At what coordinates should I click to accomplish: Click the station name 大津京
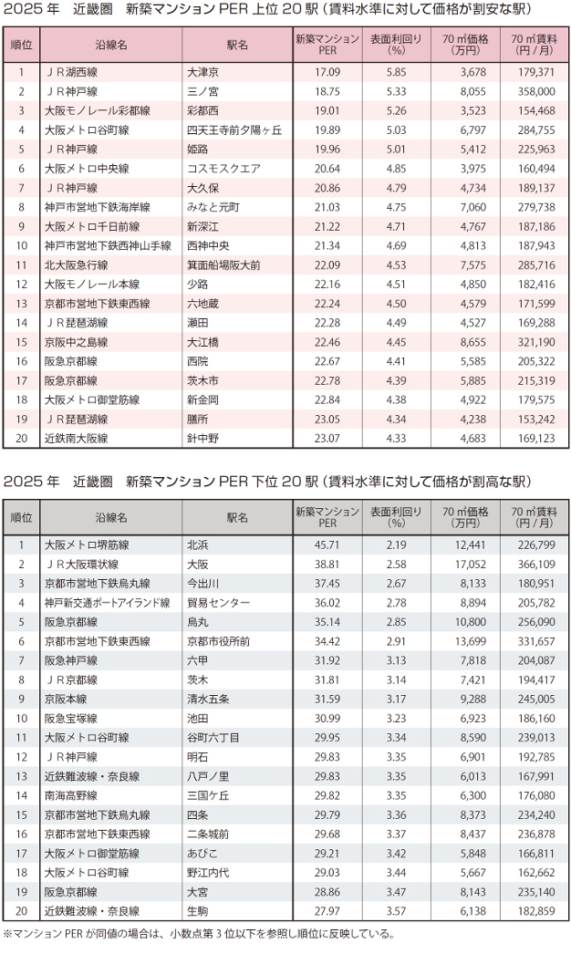click(202, 72)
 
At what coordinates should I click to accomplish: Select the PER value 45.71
click(327, 545)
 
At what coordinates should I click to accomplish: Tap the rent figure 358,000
click(536, 92)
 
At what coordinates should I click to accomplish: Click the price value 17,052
click(471, 565)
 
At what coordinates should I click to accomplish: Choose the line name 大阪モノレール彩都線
click(98, 110)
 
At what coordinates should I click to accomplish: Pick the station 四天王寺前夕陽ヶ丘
click(234, 130)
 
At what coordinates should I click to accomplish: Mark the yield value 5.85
click(396, 72)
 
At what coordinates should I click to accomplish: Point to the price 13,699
click(471, 641)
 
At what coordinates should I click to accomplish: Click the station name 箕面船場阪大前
click(223, 265)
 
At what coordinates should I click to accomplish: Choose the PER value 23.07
click(327, 439)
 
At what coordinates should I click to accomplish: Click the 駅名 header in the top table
click(237, 45)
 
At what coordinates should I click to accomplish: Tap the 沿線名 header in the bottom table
click(111, 518)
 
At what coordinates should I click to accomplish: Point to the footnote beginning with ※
click(199, 933)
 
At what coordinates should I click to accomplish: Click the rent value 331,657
click(536, 641)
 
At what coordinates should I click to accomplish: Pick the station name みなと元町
click(213, 207)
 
